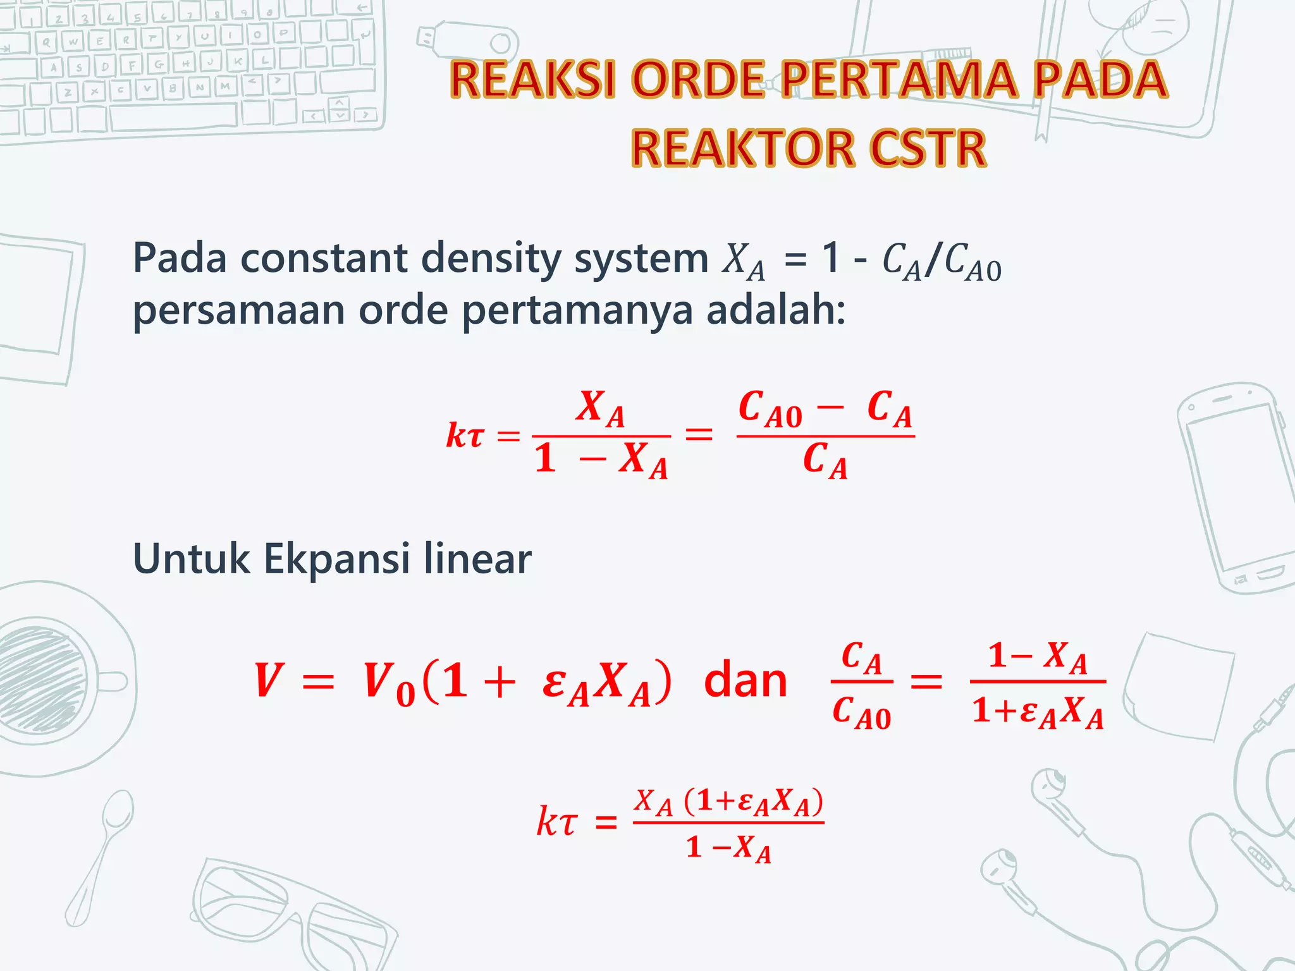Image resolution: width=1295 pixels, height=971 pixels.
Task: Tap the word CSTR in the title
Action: (x=928, y=149)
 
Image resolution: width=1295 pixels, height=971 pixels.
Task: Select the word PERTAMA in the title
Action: (x=898, y=80)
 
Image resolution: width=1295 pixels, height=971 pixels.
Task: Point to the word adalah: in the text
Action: (x=776, y=310)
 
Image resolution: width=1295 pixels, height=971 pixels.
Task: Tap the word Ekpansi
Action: (x=336, y=559)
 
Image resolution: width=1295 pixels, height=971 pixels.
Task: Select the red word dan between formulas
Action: (x=746, y=681)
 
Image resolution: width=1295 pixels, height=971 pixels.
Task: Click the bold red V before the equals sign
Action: (x=267, y=681)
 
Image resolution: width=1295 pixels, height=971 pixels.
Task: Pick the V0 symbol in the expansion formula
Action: (x=388, y=684)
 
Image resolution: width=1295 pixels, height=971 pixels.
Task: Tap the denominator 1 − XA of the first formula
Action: (x=601, y=460)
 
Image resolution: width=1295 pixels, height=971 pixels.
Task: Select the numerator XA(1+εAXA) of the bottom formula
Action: (x=728, y=802)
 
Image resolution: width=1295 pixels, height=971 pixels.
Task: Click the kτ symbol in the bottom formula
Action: (x=556, y=822)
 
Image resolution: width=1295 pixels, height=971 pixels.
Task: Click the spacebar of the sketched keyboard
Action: (x=174, y=116)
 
